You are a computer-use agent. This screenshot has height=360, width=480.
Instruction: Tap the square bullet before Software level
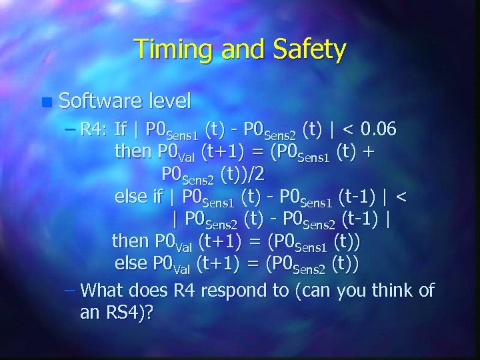pyautogui.click(x=45, y=103)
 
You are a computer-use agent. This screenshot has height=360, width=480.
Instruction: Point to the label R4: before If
pyautogui.click(x=94, y=127)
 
